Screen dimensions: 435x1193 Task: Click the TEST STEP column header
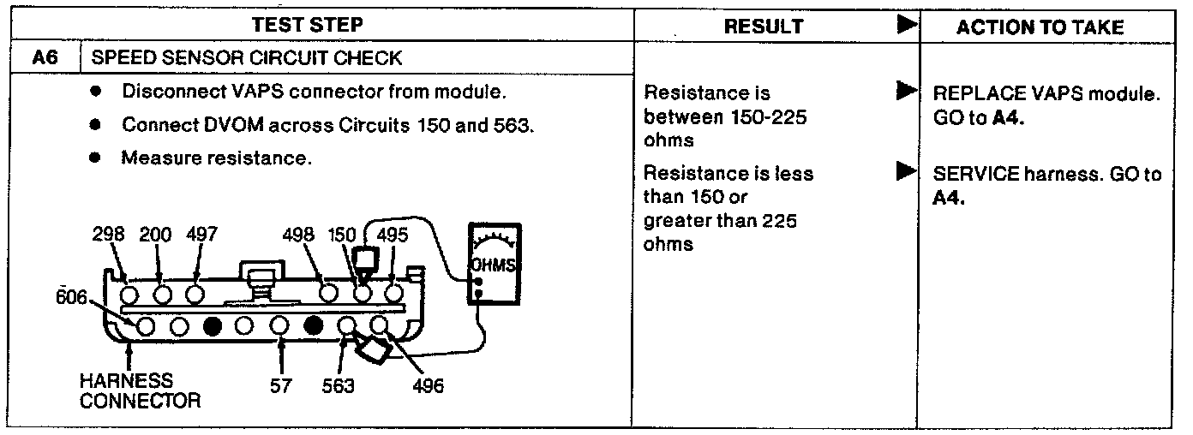point(319,26)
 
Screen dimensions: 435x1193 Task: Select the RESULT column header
point(764,27)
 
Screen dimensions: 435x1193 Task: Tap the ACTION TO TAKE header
point(1040,27)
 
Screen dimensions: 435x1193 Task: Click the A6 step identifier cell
point(44,58)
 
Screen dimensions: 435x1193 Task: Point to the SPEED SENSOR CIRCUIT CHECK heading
point(246,58)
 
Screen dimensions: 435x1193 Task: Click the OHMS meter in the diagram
point(494,265)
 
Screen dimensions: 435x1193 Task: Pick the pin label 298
point(109,235)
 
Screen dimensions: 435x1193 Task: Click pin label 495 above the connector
point(393,235)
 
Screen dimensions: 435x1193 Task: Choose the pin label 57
point(282,386)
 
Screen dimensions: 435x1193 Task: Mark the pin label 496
point(427,386)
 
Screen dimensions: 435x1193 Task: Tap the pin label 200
point(155,235)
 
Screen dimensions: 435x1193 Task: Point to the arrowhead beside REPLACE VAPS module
point(902,89)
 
